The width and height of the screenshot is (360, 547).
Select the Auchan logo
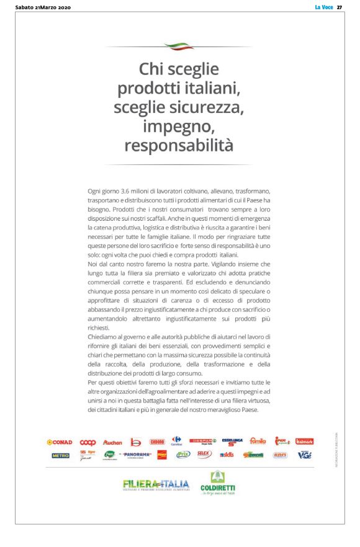coord(113,442)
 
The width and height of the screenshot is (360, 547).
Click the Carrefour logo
coord(175,441)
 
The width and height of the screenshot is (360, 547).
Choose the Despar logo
coord(203,442)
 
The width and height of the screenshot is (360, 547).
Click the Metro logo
coord(60,455)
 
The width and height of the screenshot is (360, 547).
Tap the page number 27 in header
coord(340,7)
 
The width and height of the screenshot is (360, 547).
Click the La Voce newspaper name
coord(324,7)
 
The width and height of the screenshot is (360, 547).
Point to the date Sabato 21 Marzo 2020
coord(42,7)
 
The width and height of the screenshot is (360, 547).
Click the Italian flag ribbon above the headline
coord(179,46)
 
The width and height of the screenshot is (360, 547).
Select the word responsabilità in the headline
coord(179,146)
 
